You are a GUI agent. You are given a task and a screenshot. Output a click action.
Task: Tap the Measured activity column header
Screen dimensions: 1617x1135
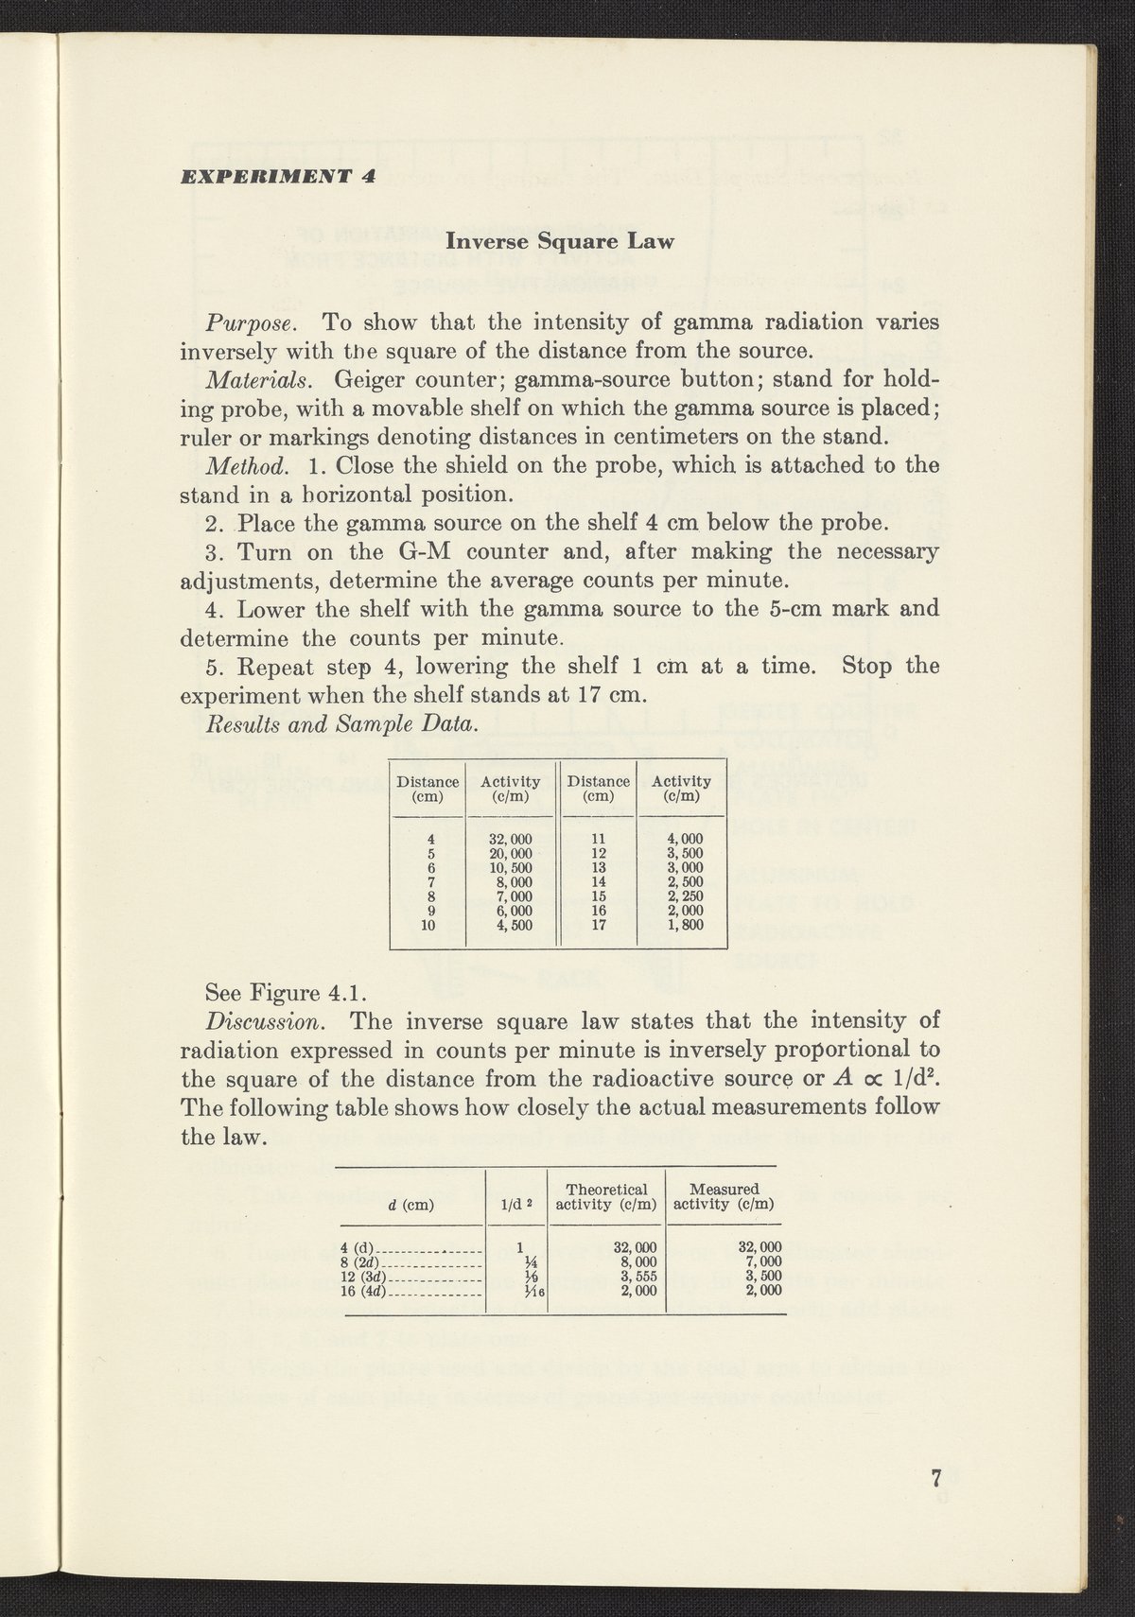[x=725, y=1196]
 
